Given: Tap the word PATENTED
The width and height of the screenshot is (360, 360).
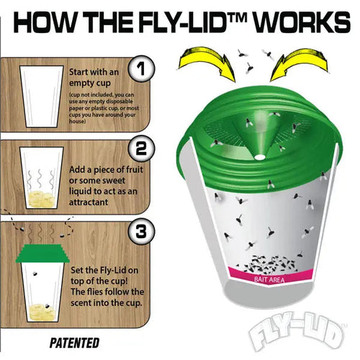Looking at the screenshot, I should [x=75, y=343].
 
